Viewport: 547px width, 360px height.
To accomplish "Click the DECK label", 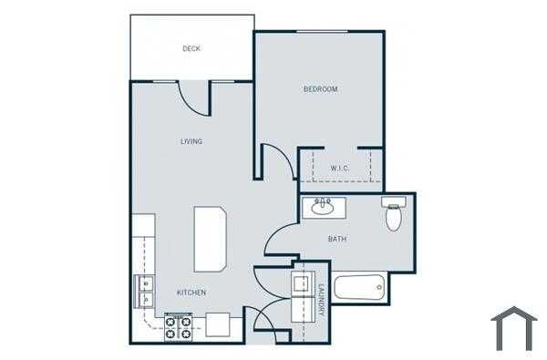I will [x=191, y=49].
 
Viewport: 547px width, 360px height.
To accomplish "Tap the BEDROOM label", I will [x=321, y=89].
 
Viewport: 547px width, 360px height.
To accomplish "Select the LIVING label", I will [x=191, y=141].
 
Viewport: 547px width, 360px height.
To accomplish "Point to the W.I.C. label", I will [x=340, y=169].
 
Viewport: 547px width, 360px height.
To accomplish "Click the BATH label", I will [x=336, y=240].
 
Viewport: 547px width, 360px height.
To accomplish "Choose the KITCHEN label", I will [x=191, y=293].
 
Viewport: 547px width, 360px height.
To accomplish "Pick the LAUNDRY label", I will [x=322, y=300].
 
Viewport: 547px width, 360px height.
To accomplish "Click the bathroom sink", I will [x=322, y=207].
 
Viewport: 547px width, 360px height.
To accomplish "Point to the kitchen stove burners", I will [x=178, y=326].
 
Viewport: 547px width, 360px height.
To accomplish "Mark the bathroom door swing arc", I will [x=278, y=239].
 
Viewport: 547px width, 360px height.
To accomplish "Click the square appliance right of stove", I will [x=218, y=324].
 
